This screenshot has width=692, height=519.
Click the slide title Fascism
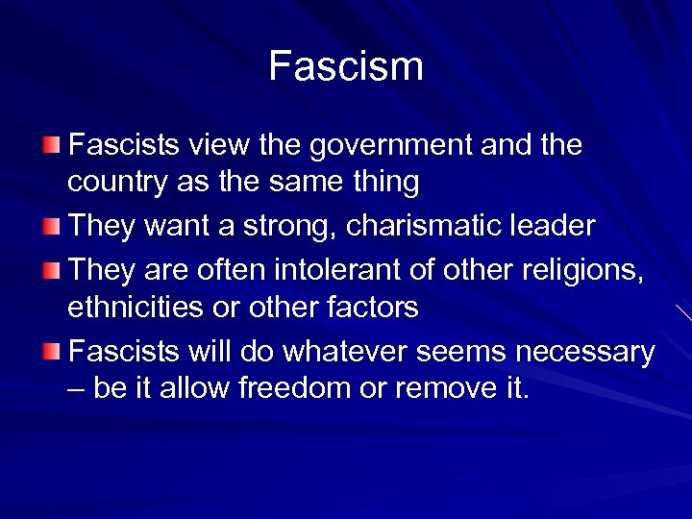coord(346,66)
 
